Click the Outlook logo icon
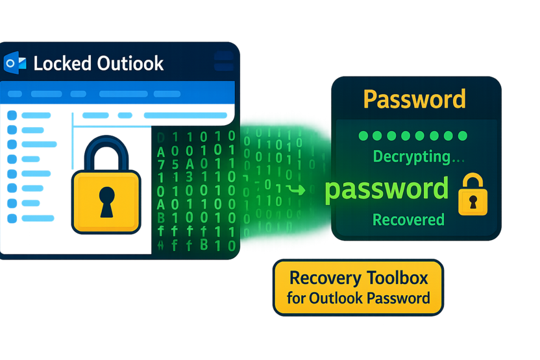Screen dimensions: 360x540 click(14, 63)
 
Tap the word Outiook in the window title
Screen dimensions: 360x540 click(129, 64)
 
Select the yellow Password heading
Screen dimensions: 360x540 click(414, 99)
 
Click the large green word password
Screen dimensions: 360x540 click(386, 189)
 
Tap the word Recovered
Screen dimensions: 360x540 click(408, 219)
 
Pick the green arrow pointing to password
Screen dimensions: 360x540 click(297, 189)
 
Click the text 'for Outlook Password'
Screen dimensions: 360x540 click(358, 298)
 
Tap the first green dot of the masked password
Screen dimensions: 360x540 click(363, 136)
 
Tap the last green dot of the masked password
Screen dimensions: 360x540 click(463, 136)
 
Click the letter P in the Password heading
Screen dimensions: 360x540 click(371, 99)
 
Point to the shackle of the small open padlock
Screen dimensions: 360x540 click(472, 181)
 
